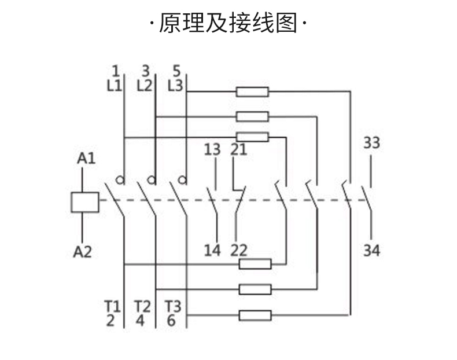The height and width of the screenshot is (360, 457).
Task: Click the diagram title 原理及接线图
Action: (228, 24)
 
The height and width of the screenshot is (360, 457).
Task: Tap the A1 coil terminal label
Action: (86, 158)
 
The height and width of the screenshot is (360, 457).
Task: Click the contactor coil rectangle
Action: (84, 201)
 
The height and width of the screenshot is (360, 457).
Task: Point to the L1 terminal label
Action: (115, 86)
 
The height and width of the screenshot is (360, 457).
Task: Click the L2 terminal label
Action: (145, 86)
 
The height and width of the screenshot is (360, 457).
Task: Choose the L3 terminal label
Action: (175, 86)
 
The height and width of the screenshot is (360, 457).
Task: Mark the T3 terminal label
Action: (172, 306)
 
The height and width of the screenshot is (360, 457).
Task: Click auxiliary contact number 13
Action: (212, 149)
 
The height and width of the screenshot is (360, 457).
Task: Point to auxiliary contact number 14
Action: (212, 251)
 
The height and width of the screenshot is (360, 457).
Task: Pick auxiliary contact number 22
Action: (238, 251)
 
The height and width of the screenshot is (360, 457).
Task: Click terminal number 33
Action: (371, 142)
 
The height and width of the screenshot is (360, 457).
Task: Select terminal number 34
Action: (371, 251)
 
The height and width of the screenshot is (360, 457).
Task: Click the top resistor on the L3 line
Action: (252, 91)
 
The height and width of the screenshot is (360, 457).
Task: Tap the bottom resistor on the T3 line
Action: (255, 315)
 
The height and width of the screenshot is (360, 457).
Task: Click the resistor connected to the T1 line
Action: (255, 265)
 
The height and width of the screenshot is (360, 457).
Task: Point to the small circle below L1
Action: (120, 180)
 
